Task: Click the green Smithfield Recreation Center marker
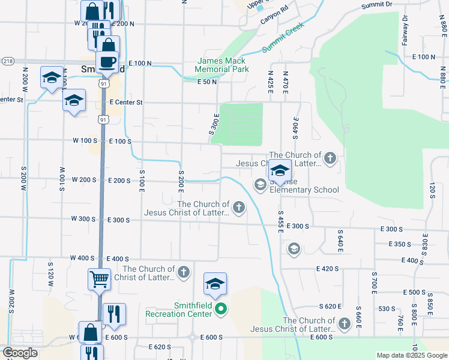coord(221,309)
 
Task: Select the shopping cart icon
coord(99,278)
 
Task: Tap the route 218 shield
coord(8,61)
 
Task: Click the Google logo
coord(20,353)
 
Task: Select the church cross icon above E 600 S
coord(344,324)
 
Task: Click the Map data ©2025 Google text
coord(411,355)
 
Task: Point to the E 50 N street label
coord(206,82)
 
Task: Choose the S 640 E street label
coord(340,240)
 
